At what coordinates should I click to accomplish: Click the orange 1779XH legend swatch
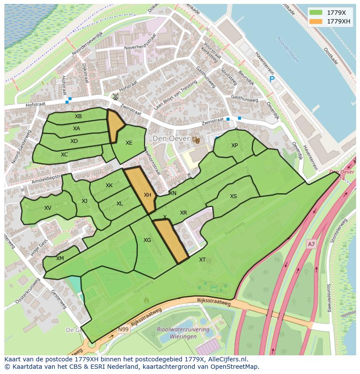coord(316,21)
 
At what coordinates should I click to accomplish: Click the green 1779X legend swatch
coord(316,13)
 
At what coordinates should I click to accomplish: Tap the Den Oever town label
coord(171,139)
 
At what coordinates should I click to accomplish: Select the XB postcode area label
coord(78,116)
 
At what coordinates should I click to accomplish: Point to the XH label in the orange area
coord(147,195)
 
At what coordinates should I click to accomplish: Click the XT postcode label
coord(202,260)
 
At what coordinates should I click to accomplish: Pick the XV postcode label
coord(48,208)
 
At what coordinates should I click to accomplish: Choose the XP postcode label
coord(234,146)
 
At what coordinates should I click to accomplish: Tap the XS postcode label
coord(233,196)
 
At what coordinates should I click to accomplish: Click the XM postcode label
coord(60,258)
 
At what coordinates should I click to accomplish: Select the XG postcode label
coord(147,240)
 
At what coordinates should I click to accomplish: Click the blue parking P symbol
coord(272,79)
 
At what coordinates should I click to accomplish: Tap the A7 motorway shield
coord(311,245)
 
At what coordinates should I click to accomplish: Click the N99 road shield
coord(123,330)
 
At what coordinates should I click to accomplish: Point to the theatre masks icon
coord(196,139)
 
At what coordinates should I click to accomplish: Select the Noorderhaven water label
coord(288,50)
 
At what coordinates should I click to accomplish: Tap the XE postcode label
coord(129,143)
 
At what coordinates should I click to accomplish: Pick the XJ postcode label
coord(84,201)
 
